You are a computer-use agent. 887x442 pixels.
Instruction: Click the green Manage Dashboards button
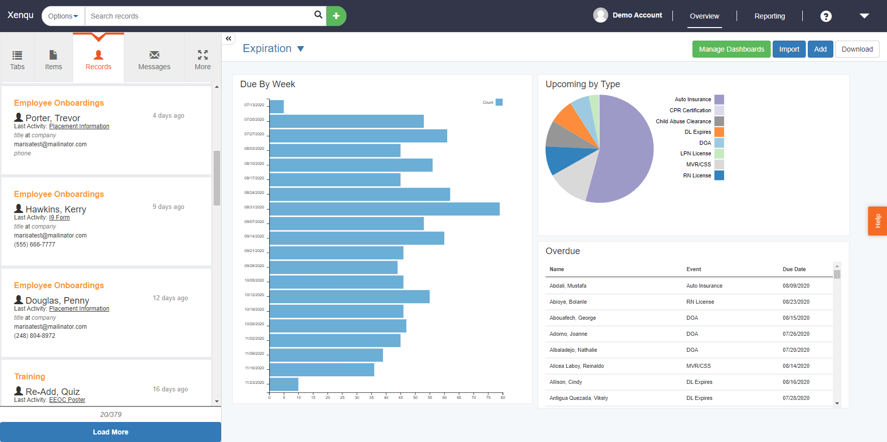pos(731,49)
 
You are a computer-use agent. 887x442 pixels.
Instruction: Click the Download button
pos(857,49)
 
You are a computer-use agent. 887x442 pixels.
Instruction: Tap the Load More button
pos(110,432)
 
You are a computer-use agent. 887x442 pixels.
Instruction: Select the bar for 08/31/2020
pos(384,209)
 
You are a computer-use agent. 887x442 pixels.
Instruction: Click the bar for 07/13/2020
pos(277,107)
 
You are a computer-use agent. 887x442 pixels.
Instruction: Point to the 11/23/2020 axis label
pos(254,382)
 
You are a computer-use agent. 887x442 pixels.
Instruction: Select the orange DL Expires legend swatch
pos(719,132)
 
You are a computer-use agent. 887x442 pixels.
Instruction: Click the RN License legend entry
pos(697,175)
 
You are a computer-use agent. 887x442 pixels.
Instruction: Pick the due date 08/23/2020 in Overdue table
pos(796,302)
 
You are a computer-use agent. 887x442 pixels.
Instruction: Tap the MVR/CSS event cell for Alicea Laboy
pos(698,366)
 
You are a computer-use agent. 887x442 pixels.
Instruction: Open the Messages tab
pos(154,60)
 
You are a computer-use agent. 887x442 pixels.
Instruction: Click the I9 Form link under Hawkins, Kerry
pos(59,217)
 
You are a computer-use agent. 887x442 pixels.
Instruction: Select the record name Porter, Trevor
pos(53,118)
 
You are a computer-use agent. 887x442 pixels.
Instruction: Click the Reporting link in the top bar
pos(769,16)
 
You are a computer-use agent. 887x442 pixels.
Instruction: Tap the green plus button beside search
pos(336,16)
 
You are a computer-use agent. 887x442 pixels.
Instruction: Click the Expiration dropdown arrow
pos(300,49)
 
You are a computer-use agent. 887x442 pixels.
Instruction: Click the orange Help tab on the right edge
pos(877,221)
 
